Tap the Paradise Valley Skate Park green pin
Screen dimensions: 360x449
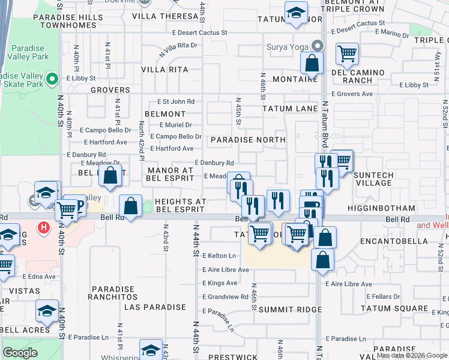click(x=52, y=79)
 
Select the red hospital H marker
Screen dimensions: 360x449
click(x=42, y=228)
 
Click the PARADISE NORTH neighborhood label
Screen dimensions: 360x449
click(x=248, y=140)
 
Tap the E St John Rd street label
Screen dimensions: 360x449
click(x=176, y=102)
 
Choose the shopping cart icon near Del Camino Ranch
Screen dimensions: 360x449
click(x=347, y=53)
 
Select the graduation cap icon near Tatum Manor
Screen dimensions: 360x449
click(x=295, y=13)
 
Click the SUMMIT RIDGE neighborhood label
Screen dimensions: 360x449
click(x=291, y=309)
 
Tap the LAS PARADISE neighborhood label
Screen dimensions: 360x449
click(x=155, y=307)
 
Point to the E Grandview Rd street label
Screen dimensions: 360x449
click(x=225, y=296)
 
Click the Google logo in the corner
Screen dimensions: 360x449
click(x=20, y=353)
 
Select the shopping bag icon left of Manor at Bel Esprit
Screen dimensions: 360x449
click(x=110, y=176)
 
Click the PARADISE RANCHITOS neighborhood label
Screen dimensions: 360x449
click(x=113, y=292)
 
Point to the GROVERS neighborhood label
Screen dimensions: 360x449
click(x=110, y=90)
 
